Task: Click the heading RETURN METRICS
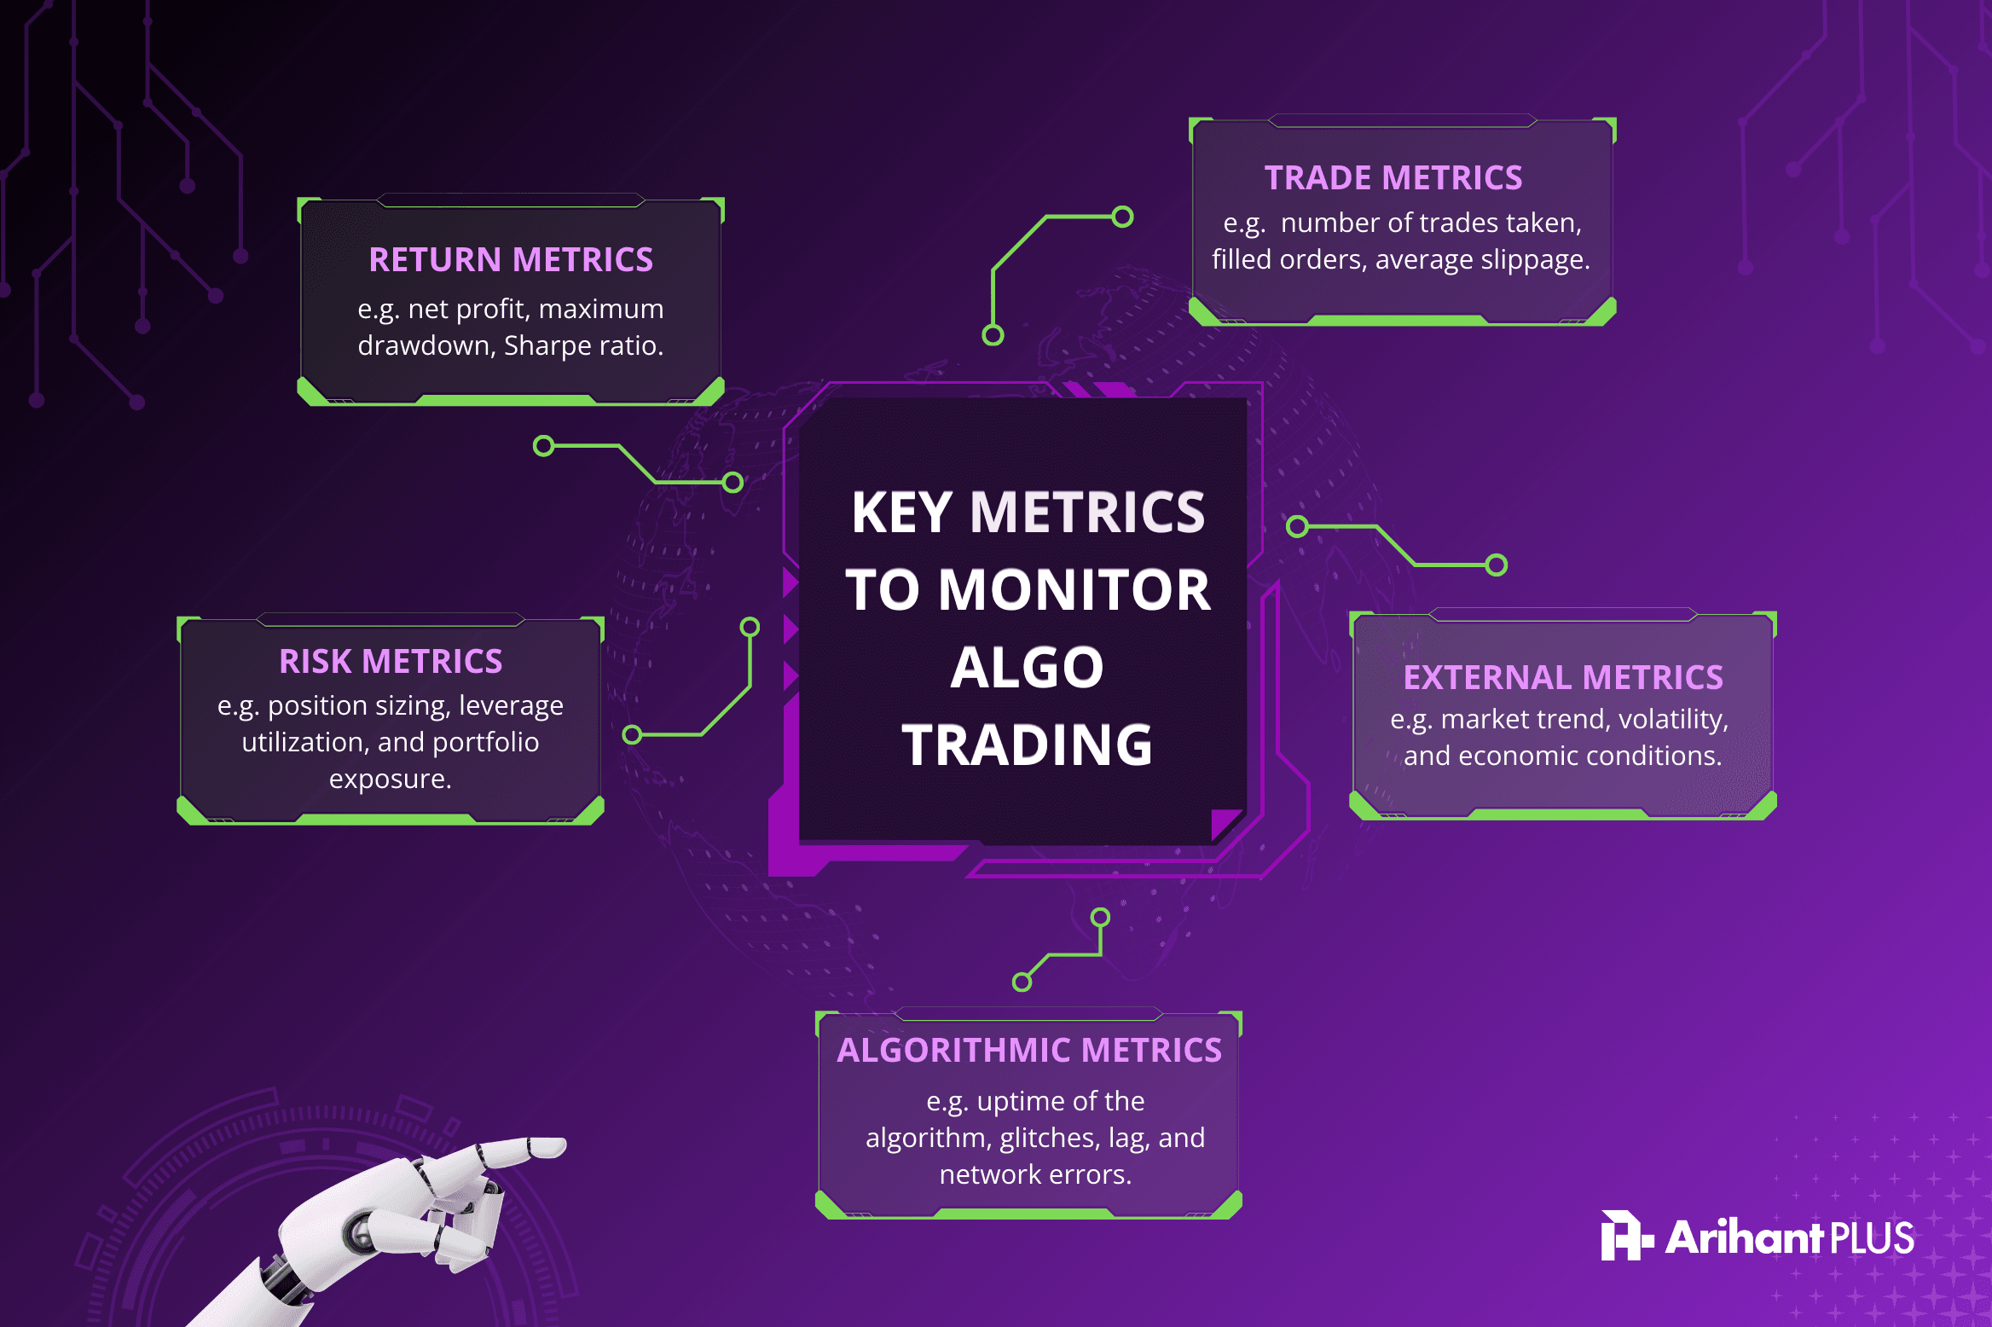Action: pos(511,259)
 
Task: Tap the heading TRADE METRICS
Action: pos(1393,177)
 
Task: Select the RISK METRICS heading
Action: pos(391,661)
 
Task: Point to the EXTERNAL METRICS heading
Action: pos(1563,677)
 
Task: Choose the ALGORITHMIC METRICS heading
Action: pos(1029,1050)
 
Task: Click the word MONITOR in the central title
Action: pos(1074,590)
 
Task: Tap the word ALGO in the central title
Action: pos(1028,667)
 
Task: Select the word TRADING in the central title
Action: pos(1028,745)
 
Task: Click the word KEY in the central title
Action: pos(900,513)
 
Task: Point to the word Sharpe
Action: pos(546,345)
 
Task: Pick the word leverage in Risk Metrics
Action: pos(511,706)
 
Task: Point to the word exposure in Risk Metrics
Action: pos(390,779)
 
